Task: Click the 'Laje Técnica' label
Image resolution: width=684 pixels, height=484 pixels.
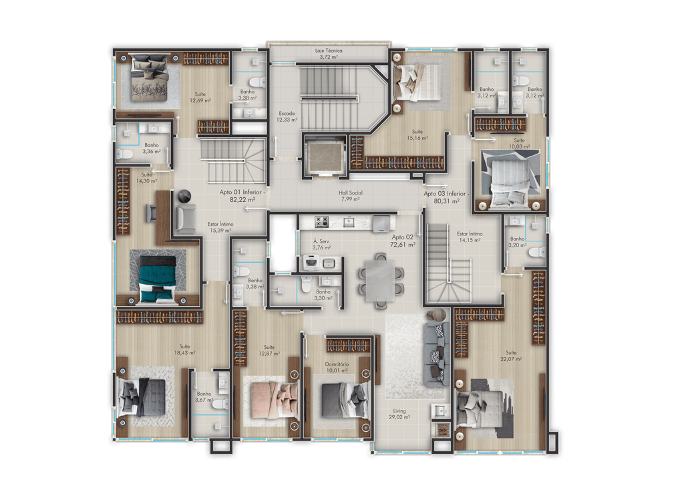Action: [x=329, y=51]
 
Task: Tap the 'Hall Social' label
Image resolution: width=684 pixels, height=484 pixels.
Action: [x=350, y=193]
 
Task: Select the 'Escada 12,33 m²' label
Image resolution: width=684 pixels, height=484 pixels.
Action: [x=287, y=116]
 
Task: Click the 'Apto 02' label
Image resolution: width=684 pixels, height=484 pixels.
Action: [x=402, y=237]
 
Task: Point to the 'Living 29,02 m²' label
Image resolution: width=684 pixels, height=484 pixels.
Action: [x=399, y=414]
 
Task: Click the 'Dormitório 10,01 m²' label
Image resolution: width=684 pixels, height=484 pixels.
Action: [x=337, y=367]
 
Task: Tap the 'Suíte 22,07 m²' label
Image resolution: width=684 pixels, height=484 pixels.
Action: [x=511, y=356]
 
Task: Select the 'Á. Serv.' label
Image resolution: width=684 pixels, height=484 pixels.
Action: [x=321, y=241]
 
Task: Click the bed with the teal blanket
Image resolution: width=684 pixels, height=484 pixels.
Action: [x=158, y=279]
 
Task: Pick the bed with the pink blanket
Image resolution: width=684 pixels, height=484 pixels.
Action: [x=271, y=398]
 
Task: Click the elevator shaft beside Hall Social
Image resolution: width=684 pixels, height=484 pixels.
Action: [x=325, y=155]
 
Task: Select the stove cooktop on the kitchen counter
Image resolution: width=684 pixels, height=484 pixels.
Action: [x=321, y=222]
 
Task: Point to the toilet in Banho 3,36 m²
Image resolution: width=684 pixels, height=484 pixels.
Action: [x=125, y=154]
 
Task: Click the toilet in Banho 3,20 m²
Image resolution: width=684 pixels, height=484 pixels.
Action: [x=539, y=252]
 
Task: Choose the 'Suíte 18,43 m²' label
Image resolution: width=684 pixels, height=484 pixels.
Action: [x=184, y=350]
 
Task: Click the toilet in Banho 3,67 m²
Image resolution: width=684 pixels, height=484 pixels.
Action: [x=220, y=404]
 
